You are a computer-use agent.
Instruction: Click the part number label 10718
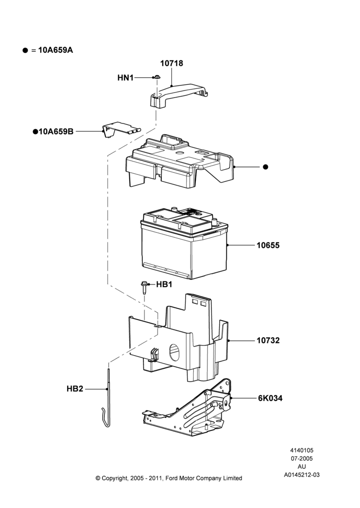point(171,63)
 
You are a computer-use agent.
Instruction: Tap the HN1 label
point(126,78)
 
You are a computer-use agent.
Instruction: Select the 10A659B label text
point(56,132)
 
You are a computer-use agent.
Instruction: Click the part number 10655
point(268,245)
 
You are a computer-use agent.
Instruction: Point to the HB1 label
point(164,284)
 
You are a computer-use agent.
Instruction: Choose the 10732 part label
point(268,340)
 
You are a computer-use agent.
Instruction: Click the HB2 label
point(75,389)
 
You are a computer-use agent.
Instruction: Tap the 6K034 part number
point(270,398)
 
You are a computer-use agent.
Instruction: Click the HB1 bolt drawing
point(144,288)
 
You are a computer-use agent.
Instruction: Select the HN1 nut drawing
point(157,77)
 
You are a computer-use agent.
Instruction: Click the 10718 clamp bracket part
point(178,94)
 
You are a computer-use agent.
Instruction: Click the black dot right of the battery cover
point(265,167)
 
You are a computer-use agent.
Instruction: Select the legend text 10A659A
point(55,50)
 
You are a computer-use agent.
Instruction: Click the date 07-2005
point(302,458)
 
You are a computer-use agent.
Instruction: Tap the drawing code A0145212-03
point(302,475)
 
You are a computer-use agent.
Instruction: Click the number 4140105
point(302,450)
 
